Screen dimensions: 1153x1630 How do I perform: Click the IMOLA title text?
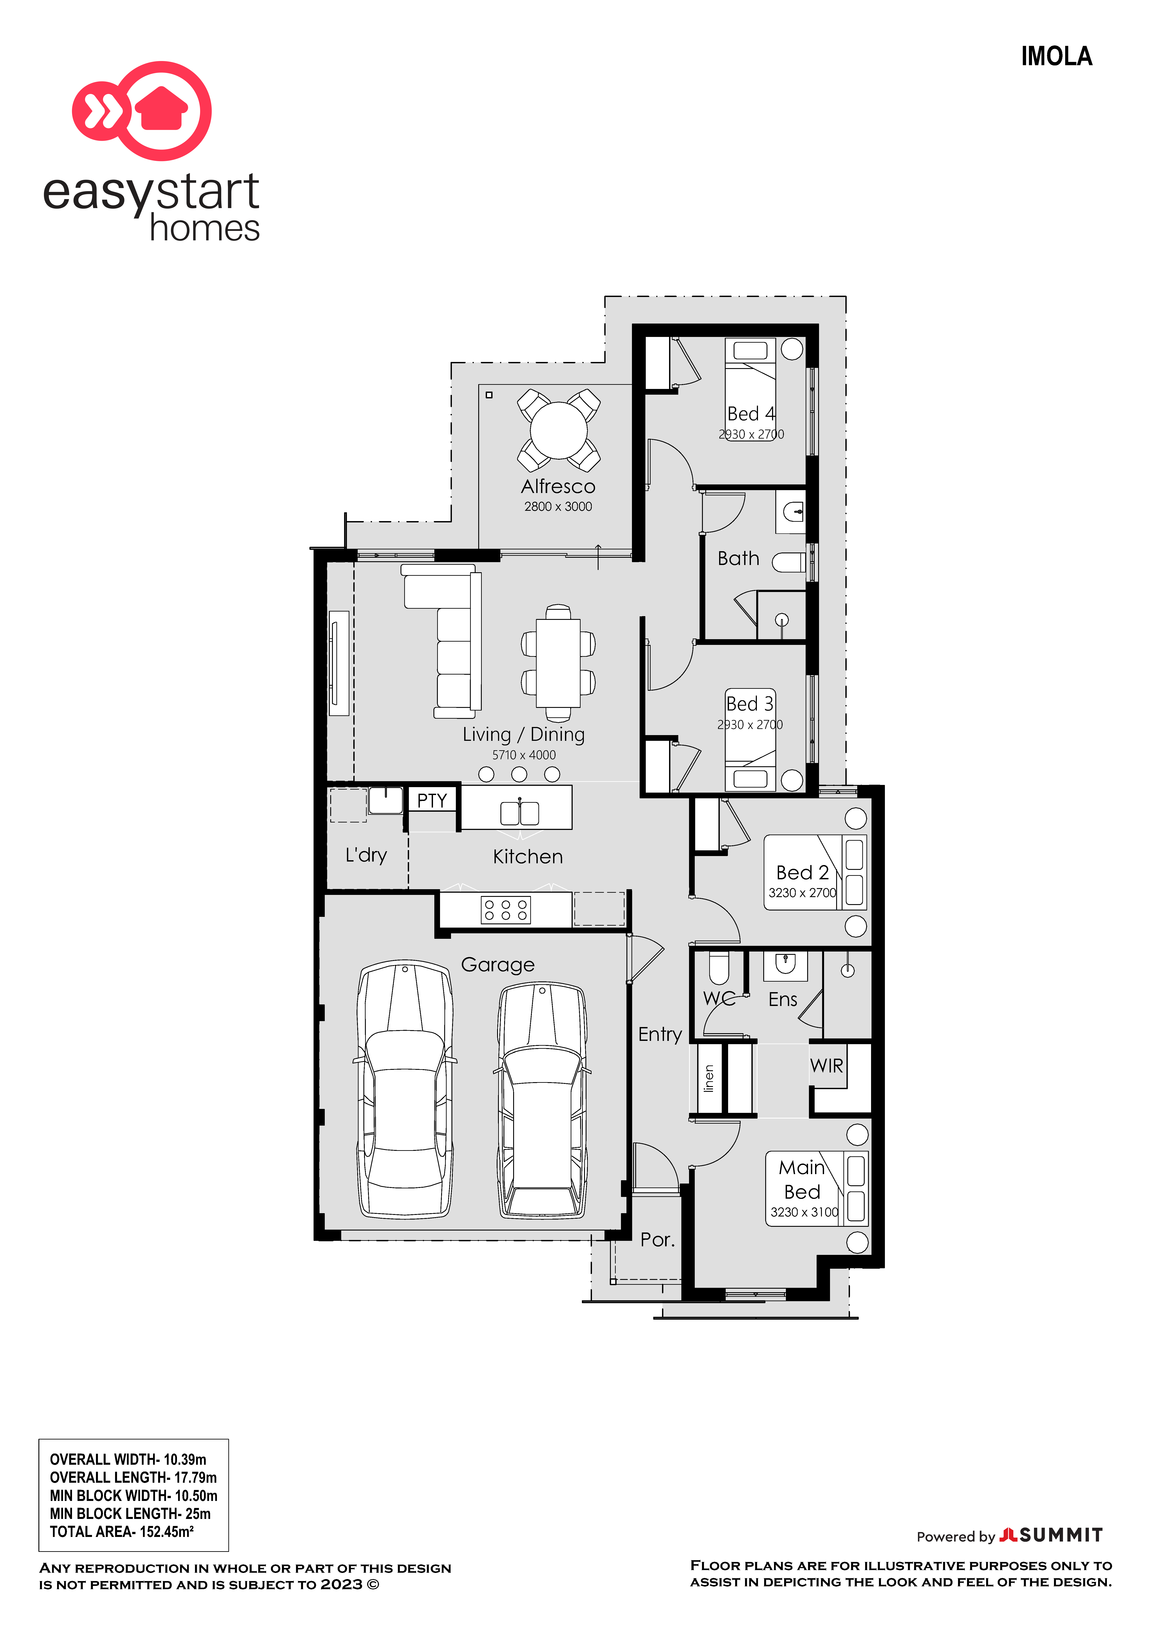click(1056, 56)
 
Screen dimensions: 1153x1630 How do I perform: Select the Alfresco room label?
click(558, 486)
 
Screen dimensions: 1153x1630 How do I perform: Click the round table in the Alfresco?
click(559, 430)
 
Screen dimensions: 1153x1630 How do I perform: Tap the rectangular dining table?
click(558, 662)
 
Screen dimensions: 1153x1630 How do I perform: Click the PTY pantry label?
click(432, 801)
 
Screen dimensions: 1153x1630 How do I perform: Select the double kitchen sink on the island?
click(520, 813)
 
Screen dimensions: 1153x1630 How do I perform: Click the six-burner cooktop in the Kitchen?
click(505, 910)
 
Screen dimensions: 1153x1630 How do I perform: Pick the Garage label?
click(498, 965)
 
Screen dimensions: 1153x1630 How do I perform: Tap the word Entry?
click(660, 1034)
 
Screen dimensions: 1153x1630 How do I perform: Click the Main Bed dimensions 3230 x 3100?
click(804, 1212)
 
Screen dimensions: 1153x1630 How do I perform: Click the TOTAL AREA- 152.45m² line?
click(121, 1531)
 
